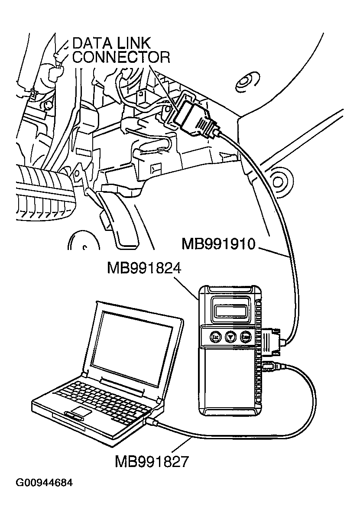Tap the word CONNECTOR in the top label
[121, 57]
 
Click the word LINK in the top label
[134, 43]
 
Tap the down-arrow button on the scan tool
[230, 337]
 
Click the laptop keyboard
[102, 396]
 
